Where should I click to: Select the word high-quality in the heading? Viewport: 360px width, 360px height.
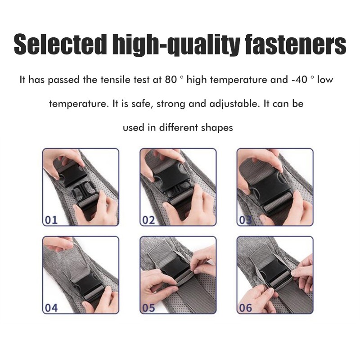click(176, 45)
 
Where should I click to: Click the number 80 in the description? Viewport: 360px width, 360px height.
click(171, 80)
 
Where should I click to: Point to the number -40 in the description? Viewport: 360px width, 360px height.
click(299, 80)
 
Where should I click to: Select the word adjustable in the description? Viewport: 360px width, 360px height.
click(234, 104)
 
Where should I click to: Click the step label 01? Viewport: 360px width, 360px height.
click(51, 220)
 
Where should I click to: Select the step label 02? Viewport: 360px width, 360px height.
click(148, 220)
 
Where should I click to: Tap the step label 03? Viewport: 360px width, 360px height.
click(245, 220)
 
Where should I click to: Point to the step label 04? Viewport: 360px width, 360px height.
click(51, 308)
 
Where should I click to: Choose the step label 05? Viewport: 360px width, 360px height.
click(149, 308)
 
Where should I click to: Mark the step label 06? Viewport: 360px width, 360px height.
click(246, 308)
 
